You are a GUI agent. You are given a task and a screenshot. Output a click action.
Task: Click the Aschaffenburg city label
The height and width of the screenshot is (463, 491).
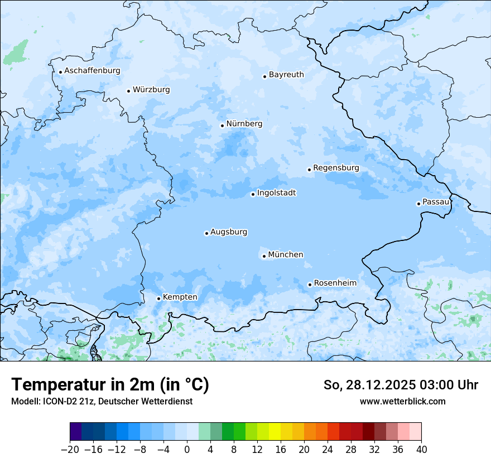[x=92, y=71]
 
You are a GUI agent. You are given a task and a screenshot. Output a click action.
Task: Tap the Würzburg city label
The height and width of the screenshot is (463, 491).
[x=151, y=90]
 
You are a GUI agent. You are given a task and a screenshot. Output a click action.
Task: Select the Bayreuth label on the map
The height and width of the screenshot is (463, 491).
[x=286, y=75]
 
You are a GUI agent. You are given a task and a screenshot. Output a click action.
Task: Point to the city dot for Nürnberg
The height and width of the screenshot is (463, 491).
[x=222, y=126]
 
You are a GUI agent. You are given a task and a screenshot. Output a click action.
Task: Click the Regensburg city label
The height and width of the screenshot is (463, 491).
[x=336, y=168]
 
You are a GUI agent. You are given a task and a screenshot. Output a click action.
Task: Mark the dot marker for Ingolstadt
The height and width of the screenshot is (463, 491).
[x=253, y=195]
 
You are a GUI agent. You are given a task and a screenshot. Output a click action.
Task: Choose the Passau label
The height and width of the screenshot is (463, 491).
[x=436, y=202]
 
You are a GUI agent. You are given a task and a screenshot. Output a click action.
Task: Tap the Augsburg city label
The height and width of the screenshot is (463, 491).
[x=229, y=232]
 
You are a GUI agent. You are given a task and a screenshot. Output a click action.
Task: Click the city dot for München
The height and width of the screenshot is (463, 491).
[x=264, y=257]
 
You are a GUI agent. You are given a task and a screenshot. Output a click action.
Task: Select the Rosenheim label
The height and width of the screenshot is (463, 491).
[x=335, y=283]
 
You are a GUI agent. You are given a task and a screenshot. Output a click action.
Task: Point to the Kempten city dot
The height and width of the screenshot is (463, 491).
[x=158, y=298]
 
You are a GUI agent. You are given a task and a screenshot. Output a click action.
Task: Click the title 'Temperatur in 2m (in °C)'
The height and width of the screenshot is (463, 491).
[x=110, y=385]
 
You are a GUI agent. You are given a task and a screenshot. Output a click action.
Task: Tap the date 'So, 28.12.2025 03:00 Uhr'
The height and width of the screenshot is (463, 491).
[x=401, y=385]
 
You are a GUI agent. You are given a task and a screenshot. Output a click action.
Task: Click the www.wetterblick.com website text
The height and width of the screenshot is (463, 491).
[x=402, y=401]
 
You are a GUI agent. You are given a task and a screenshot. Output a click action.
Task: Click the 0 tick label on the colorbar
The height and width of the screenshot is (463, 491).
[x=187, y=450]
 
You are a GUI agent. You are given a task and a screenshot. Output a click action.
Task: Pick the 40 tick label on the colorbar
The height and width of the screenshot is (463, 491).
[x=421, y=450]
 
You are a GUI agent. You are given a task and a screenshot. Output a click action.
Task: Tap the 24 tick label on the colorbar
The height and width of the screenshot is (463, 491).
[x=328, y=450]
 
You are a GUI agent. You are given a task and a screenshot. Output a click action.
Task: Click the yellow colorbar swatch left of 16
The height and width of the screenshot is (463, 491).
[x=275, y=432]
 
